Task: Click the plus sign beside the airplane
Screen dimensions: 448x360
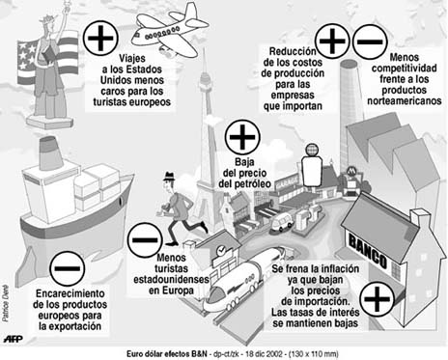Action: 100,38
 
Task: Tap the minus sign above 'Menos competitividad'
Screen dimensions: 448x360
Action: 370,42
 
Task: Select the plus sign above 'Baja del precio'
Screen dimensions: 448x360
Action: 242,137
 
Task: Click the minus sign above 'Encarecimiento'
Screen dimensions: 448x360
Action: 68,268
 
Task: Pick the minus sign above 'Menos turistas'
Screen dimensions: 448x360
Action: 145,240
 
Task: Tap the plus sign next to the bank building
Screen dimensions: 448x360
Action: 378,298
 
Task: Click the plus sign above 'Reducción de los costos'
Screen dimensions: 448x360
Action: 332,41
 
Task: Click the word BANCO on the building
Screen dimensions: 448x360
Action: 368,252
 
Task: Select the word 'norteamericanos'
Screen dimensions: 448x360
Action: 405,101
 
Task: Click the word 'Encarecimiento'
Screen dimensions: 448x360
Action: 70,293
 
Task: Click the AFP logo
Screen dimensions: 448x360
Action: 13,339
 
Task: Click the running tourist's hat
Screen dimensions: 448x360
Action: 169,177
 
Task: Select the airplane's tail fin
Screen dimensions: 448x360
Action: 191,13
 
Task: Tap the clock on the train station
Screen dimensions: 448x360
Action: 221,250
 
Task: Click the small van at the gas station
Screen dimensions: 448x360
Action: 282,223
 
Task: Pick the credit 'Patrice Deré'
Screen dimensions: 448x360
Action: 6,304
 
